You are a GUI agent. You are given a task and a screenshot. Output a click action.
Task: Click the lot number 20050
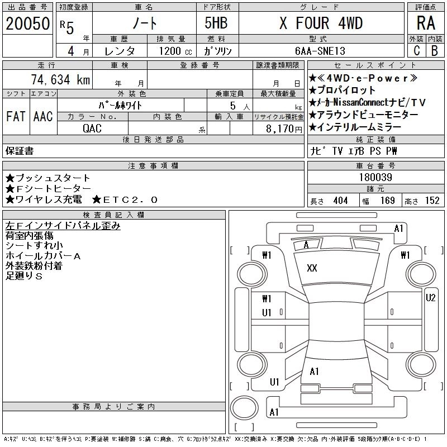point(27,23)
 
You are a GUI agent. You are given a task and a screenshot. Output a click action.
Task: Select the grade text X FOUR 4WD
point(321,23)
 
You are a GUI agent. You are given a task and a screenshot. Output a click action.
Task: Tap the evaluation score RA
point(426,23)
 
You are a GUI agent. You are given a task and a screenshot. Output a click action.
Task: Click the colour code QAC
point(92,128)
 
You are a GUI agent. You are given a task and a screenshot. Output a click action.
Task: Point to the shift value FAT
point(16,116)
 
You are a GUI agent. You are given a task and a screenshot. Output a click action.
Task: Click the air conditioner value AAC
point(43,116)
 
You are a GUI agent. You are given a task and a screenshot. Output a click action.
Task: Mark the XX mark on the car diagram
point(312,268)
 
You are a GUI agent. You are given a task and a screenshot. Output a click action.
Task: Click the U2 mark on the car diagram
point(430,298)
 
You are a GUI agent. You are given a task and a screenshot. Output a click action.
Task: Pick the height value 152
point(432,201)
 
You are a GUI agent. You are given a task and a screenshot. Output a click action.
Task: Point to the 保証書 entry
point(20,151)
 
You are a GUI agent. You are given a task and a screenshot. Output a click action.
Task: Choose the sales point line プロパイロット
point(346,90)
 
